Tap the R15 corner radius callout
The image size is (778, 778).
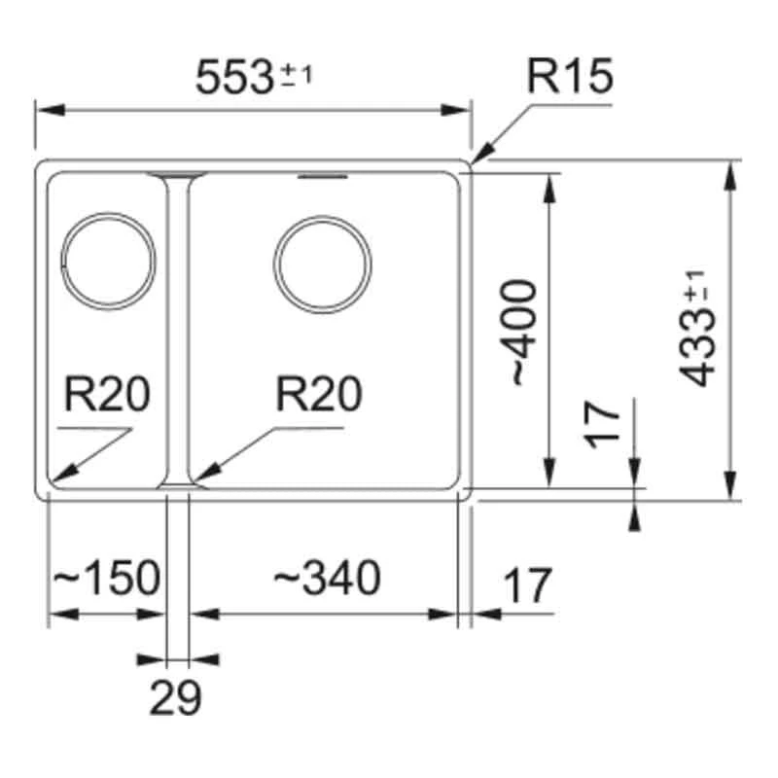pyautogui.click(x=571, y=76)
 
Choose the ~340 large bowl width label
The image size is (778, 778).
pyautogui.click(x=326, y=579)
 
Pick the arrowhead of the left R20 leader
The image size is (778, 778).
pyautogui.click(x=54, y=480)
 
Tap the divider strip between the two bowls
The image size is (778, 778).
pyautogui.click(x=177, y=331)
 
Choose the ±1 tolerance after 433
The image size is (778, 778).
pyautogui.click(x=693, y=288)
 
